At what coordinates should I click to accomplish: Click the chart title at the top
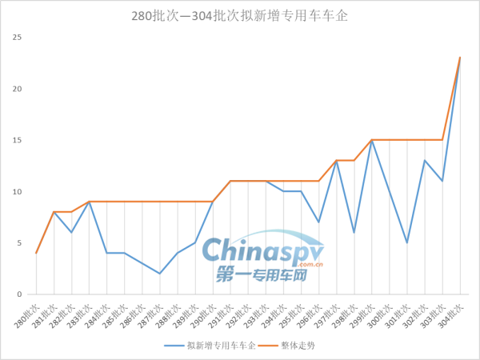tap(239, 15)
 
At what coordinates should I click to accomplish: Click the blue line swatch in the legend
tap(174, 345)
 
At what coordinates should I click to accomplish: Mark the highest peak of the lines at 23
tap(460, 58)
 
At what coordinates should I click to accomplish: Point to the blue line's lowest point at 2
tap(160, 274)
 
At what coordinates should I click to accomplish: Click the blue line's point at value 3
tap(142, 263)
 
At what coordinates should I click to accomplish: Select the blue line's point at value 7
tap(319, 222)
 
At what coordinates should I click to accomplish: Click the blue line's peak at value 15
tap(372, 141)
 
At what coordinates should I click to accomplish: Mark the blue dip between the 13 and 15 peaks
tap(354, 233)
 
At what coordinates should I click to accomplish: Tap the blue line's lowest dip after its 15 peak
tap(407, 243)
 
